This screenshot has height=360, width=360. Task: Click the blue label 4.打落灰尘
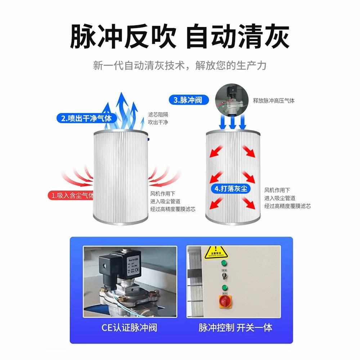tap(231, 188)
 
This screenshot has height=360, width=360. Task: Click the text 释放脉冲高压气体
tap(274, 101)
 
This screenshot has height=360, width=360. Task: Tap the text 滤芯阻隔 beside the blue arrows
tap(158, 114)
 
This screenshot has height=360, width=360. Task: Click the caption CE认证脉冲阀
tap(129, 327)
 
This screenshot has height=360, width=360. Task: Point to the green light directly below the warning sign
tap(225, 262)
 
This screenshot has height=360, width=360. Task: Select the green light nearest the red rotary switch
tap(225, 287)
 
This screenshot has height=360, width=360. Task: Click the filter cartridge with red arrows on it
tap(232, 176)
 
